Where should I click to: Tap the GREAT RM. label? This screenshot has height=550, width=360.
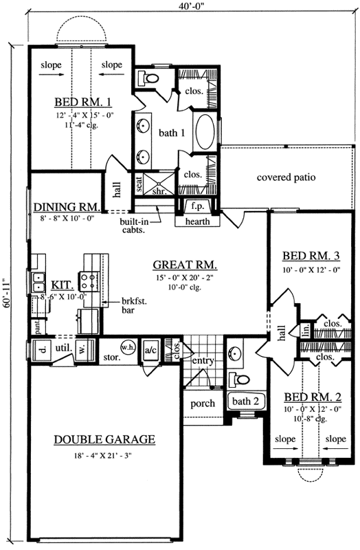(x=185, y=265)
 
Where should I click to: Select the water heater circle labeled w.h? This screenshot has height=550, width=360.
(x=128, y=347)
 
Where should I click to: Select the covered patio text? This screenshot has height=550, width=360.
(x=286, y=177)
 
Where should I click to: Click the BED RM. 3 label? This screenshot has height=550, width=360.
(x=310, y=256)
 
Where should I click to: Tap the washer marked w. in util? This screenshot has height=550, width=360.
(x=82, y=349)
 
